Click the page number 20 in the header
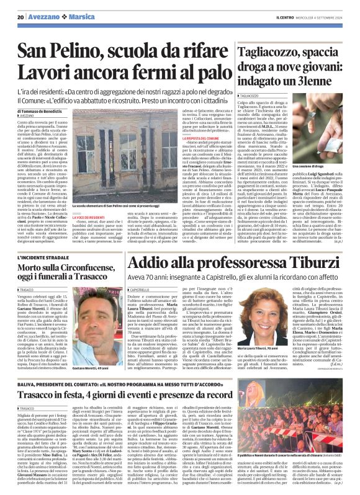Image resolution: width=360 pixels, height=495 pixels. pyautogui.click(x=21, y=17)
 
